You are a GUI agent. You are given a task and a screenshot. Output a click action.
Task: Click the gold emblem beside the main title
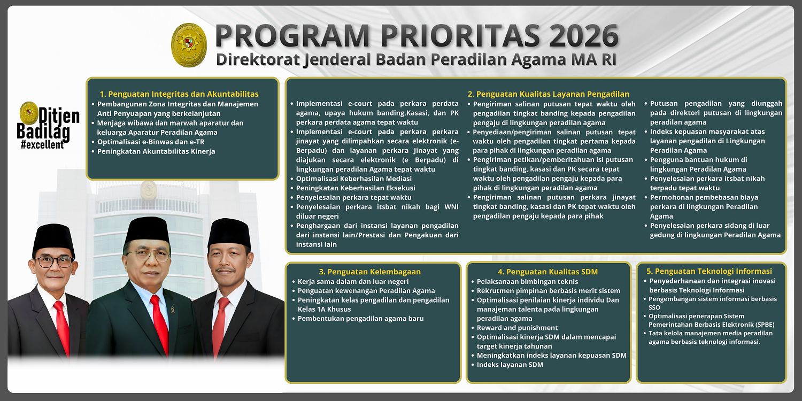(189, 45)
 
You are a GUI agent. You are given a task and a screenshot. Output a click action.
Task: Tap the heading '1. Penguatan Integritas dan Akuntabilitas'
(179, 94)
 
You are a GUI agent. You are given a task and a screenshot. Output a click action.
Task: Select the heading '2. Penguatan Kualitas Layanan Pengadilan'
(548, 94)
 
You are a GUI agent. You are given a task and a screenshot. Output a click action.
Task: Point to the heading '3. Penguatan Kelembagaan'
(370, 272)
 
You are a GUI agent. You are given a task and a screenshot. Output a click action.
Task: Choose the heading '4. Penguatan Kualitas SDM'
(547, 272)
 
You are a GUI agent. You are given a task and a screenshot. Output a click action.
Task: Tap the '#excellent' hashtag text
(42, 145)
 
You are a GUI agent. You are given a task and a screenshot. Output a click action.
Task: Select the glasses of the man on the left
(53, 262)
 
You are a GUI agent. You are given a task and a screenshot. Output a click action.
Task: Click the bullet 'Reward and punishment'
(517, 328)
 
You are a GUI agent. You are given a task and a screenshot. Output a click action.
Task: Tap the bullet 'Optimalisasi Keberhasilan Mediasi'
(354, 179)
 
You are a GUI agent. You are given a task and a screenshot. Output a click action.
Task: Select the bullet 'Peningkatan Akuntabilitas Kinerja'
(156, 151)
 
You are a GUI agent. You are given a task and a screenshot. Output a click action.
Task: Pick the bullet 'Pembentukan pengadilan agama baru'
(361, 319)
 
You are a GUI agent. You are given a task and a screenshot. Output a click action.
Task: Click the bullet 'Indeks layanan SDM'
(510, 365)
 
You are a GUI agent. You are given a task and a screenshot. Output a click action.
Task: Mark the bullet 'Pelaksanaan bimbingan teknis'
(527, 281)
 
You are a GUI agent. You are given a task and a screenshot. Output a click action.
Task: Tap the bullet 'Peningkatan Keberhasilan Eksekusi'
(356, 188)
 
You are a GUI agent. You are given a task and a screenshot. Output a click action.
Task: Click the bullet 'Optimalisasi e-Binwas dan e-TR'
(151, 142)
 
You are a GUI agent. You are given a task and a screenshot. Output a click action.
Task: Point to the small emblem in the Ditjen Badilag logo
(28, 113)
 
